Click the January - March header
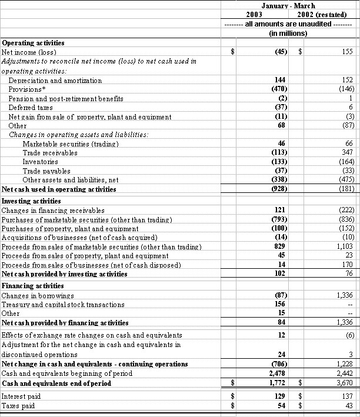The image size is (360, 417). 288,5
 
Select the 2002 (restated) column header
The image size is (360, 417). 326,14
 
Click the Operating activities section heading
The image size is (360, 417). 34,43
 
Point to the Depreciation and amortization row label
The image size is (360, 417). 55,81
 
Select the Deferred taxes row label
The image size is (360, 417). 30,108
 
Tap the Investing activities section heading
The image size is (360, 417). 32,201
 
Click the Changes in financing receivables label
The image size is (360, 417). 54,210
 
